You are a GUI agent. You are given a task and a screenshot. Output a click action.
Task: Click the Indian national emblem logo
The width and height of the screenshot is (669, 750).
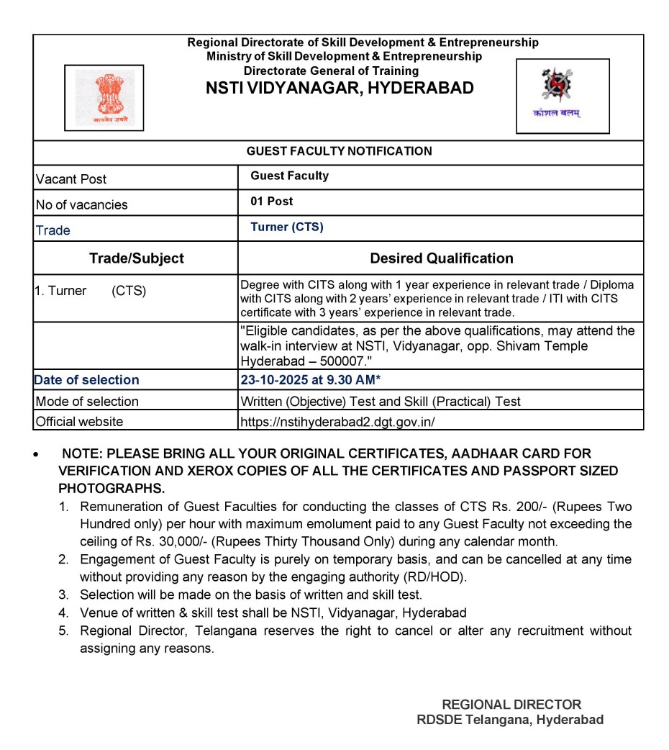104,97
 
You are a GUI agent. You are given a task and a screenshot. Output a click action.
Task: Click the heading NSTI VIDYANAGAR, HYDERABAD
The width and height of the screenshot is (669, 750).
340,89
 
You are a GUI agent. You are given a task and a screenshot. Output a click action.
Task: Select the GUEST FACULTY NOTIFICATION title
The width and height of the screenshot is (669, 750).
339,151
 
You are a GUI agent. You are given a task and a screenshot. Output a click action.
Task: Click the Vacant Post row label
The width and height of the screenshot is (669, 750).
70,179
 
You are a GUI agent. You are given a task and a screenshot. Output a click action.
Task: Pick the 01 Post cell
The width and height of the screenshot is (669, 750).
272,202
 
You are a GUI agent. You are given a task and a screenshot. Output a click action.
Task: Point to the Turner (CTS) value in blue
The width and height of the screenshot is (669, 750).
287,227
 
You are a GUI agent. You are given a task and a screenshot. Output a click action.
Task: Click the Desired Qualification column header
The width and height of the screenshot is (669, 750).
441,258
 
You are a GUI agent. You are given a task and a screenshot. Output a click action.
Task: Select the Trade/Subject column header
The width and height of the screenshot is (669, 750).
136,258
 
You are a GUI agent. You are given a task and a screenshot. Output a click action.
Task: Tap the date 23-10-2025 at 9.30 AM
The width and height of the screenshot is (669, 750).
310,380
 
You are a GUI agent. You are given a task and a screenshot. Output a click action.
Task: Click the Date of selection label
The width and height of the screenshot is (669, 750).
86,380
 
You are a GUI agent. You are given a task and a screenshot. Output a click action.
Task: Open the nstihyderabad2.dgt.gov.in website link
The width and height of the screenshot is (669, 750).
337,422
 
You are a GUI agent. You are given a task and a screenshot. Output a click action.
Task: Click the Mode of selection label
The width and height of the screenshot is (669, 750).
86,402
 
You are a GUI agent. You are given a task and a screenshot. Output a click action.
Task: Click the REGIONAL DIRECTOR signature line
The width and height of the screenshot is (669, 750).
511,705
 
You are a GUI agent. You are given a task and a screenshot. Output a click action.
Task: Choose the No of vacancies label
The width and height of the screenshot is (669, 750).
81,205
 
